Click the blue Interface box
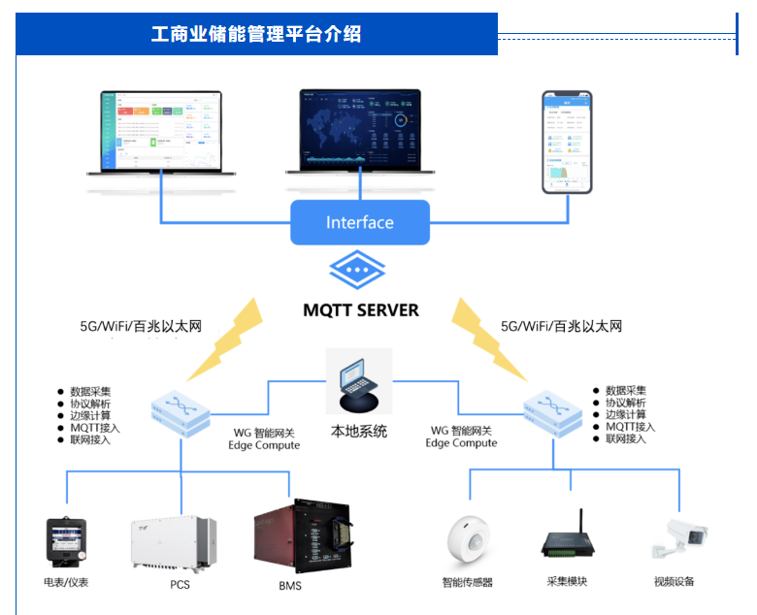pyautogui.click(x=359, y=222)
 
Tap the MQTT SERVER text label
pyautogui.click(x=360, y=310)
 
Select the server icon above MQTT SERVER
pyautogui.click(x=359, y=269)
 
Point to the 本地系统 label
pyautogui.click(x=359, y=432)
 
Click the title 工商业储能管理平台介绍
pyautogui.click(x=256, y=34)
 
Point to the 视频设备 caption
pyautogui.click(x=675, y=582)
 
